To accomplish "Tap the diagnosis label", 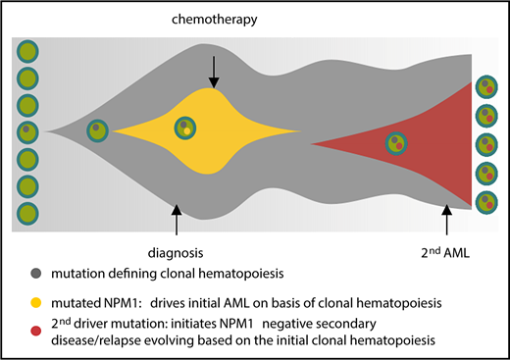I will click(x=176, y=250).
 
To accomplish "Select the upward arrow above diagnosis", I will click(x=176, y=218).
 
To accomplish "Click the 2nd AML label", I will click(x=447, y=250).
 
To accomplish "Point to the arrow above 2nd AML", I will click(x=447, y=218).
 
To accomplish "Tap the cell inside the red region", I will click(x=396, y=143).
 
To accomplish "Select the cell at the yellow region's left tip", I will click(x=97, y=129).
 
